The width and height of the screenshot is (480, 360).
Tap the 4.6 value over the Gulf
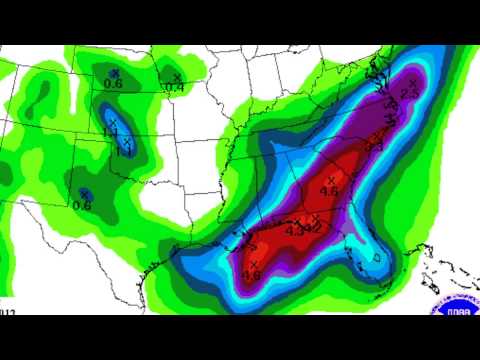tap(251, 275)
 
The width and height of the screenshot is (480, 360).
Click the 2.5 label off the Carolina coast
tap(408, 93)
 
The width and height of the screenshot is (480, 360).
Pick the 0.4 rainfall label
tap(175, 88)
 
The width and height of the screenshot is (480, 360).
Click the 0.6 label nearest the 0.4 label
tap(113, 84)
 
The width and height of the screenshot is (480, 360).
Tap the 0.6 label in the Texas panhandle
tap(82, 205)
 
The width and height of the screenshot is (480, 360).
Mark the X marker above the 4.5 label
tap(330, 179)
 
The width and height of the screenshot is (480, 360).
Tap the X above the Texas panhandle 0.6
tap(85, 193)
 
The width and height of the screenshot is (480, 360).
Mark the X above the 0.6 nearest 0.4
tap(115, 72)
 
